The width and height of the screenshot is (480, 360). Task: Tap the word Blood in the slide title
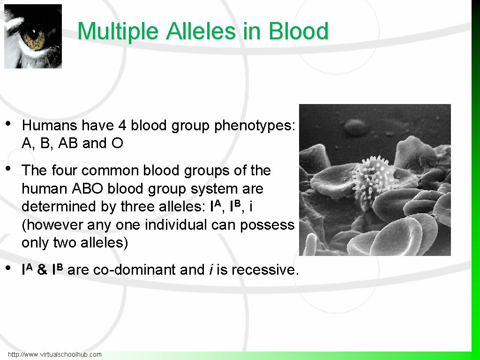coord(299,32)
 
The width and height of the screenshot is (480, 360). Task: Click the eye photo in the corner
coord(33,36)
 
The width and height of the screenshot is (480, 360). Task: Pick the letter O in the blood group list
coord(117,143)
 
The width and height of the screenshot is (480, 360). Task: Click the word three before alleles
coord(139,207)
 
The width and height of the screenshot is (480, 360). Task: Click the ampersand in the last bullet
coord(42,270)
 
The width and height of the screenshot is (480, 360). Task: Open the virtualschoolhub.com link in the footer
coord(55,354)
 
